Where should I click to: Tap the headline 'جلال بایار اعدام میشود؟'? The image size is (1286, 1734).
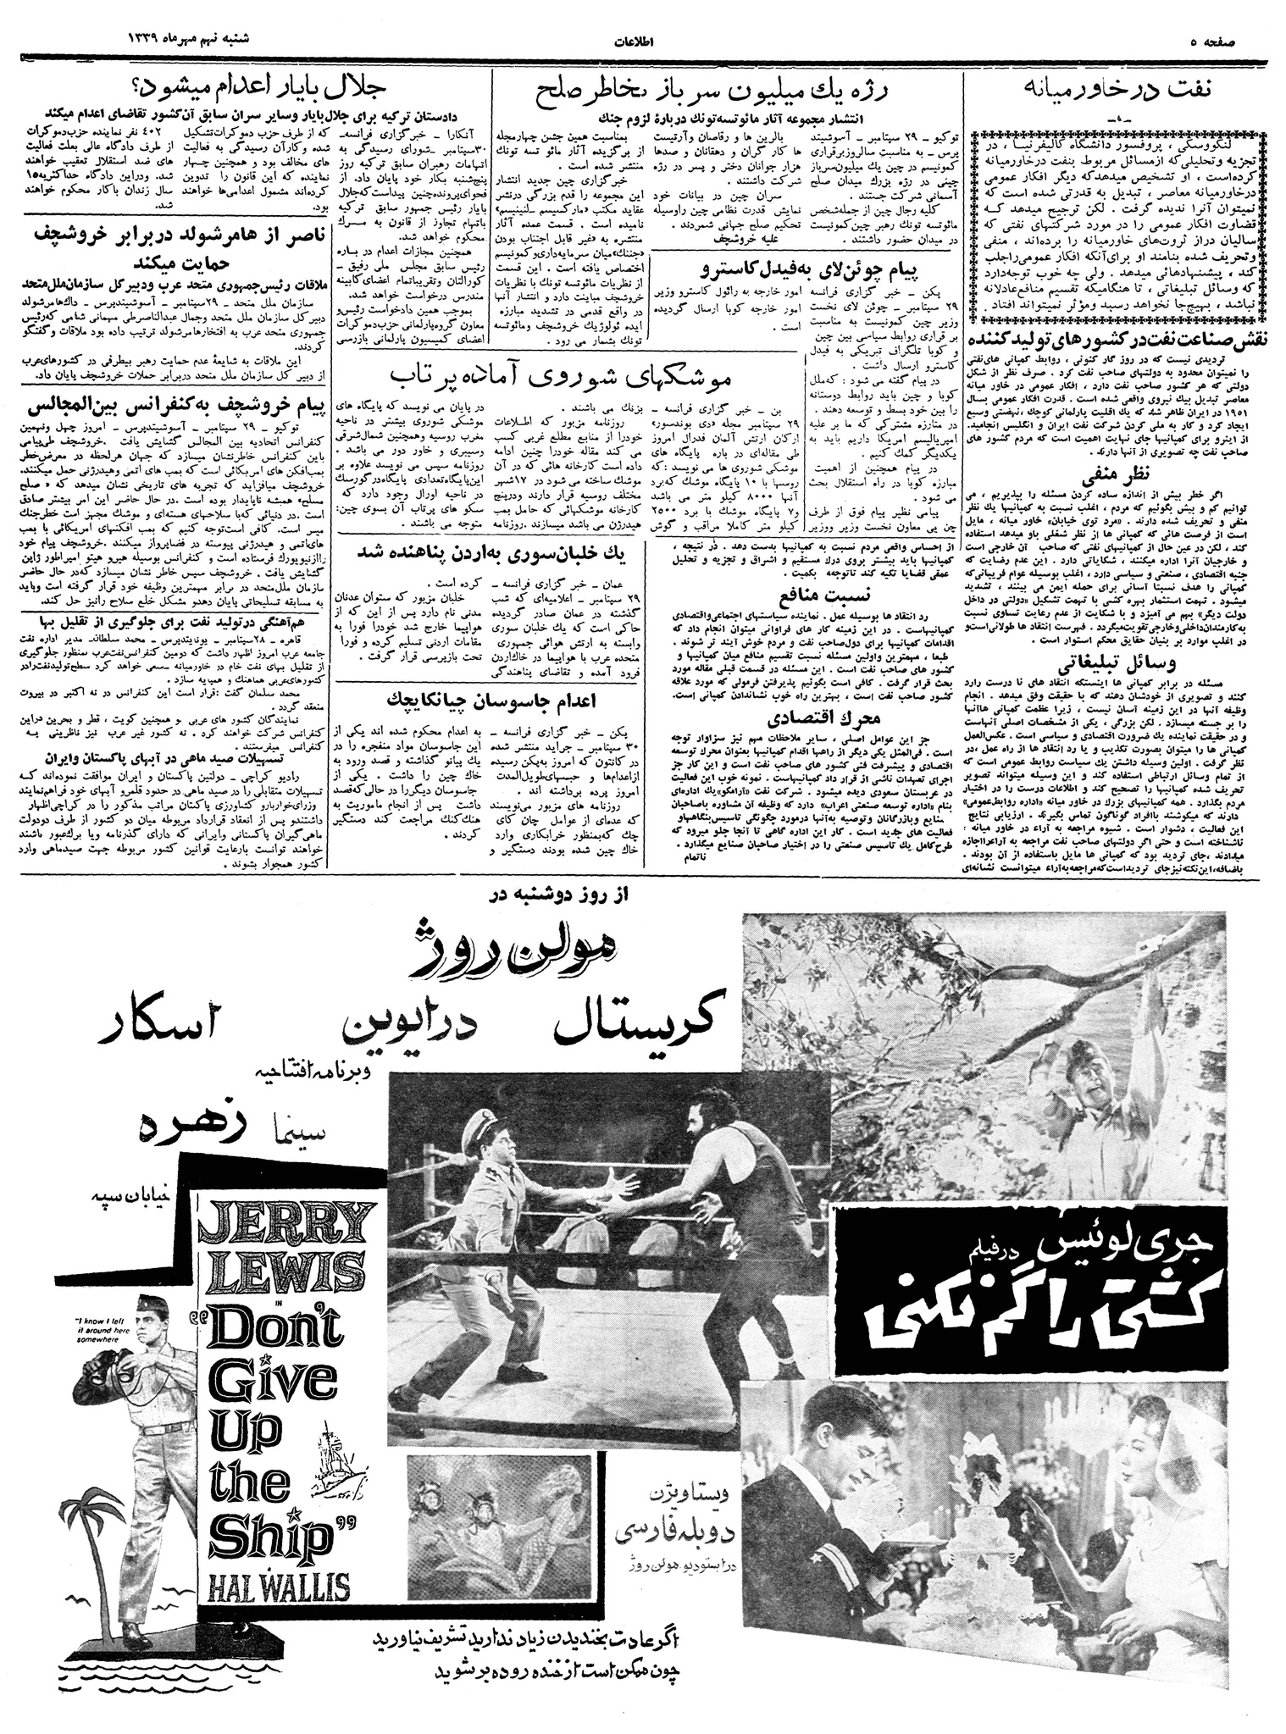pos(246,88)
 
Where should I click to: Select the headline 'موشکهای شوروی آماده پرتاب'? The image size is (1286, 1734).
pos(564,374)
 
